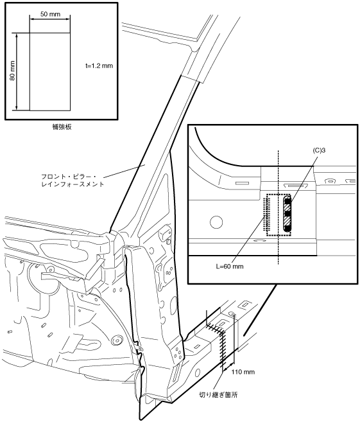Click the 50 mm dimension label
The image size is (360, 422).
(50, 14)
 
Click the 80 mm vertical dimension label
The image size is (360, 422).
(12, 71)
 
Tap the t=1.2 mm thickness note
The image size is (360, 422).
(99, 66)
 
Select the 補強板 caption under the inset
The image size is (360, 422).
(62, 127)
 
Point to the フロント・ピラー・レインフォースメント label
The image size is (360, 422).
(73, 180)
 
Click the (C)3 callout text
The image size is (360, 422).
(319, 150)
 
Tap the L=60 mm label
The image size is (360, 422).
(230, 267)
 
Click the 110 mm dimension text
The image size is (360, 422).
(243, 372)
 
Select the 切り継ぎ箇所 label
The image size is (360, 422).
(218, 395)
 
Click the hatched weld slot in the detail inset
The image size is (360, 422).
(287, 214)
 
